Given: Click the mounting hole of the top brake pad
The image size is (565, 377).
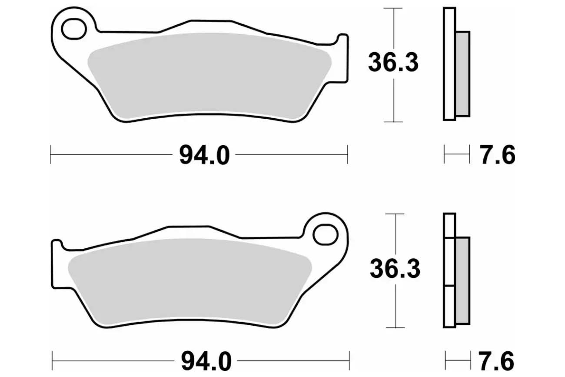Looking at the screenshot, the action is [x=74, y=29].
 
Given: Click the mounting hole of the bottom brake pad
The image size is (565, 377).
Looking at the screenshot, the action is [x=326, y=234].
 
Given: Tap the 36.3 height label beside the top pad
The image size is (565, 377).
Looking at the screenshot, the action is [x=393, y=63].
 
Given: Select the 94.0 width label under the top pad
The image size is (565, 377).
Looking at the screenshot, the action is [x=204, y=155].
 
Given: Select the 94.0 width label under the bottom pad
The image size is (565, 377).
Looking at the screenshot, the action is [x=206, y=361].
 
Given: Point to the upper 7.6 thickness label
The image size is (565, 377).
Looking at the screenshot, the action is [x=497, y=155].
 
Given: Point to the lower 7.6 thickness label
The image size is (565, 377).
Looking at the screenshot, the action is [x=496, y=361].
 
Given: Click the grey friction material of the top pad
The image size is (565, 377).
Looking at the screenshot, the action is [x=209, y=76].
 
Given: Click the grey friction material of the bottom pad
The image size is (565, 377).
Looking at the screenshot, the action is [x=189, y=282].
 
